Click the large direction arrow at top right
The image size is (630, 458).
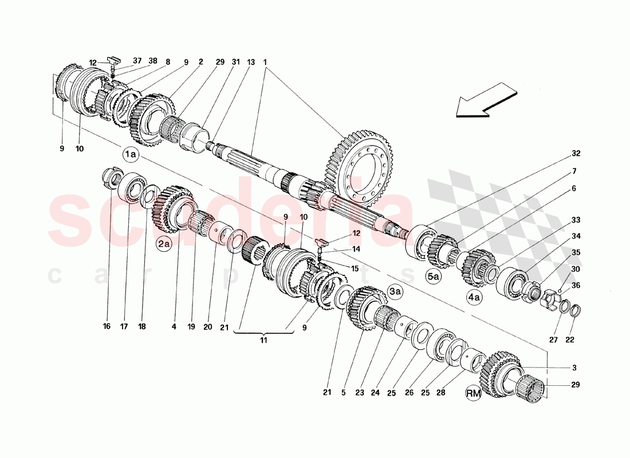[x=487, y=101]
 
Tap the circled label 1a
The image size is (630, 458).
[x=129, y=154]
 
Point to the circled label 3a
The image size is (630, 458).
[x=395, y=291]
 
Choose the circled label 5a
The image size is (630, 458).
[x=434, y=277]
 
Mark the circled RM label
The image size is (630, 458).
[x=473, y=393]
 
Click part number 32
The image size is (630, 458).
[x=576, y=153]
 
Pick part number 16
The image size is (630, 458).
[x=107, y=327]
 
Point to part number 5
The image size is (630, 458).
[x=343, y=393]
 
